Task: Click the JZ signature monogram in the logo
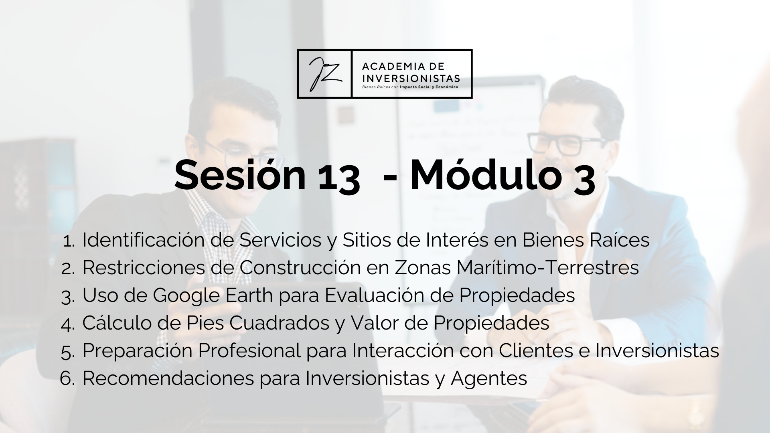pos(325,74)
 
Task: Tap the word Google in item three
pos(186,296)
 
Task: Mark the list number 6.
pos(67,378)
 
